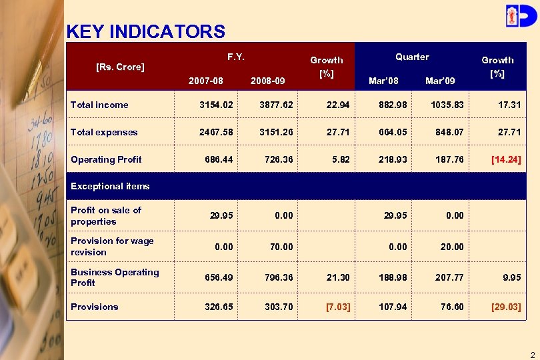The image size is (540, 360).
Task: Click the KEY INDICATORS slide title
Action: coord(145,31)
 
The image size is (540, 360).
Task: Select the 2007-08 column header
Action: coord(206,81)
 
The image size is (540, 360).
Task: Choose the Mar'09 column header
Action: coord(440,81)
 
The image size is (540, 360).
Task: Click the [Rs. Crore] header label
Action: coord(121,67)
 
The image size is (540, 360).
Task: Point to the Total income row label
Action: coord(99,105)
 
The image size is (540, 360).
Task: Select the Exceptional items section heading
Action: coord(110,186)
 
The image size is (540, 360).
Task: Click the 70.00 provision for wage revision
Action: coord(281,247)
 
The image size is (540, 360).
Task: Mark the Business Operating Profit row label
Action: coord(114,277)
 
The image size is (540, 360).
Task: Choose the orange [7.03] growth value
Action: coord(338,307)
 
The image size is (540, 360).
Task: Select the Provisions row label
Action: coord(94,307)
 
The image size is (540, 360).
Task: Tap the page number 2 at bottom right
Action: coord(532,354)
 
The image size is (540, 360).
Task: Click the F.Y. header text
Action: coord(235,57)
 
